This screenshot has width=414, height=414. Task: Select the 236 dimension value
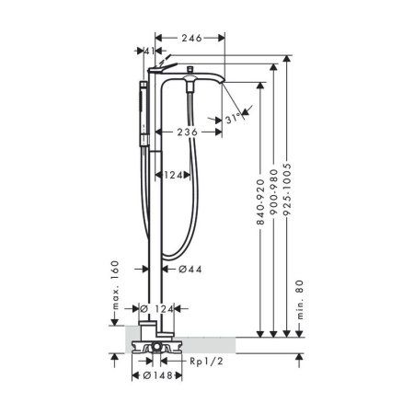tap(187, 131)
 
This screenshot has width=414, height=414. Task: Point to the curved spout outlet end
tap(220, 86)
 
